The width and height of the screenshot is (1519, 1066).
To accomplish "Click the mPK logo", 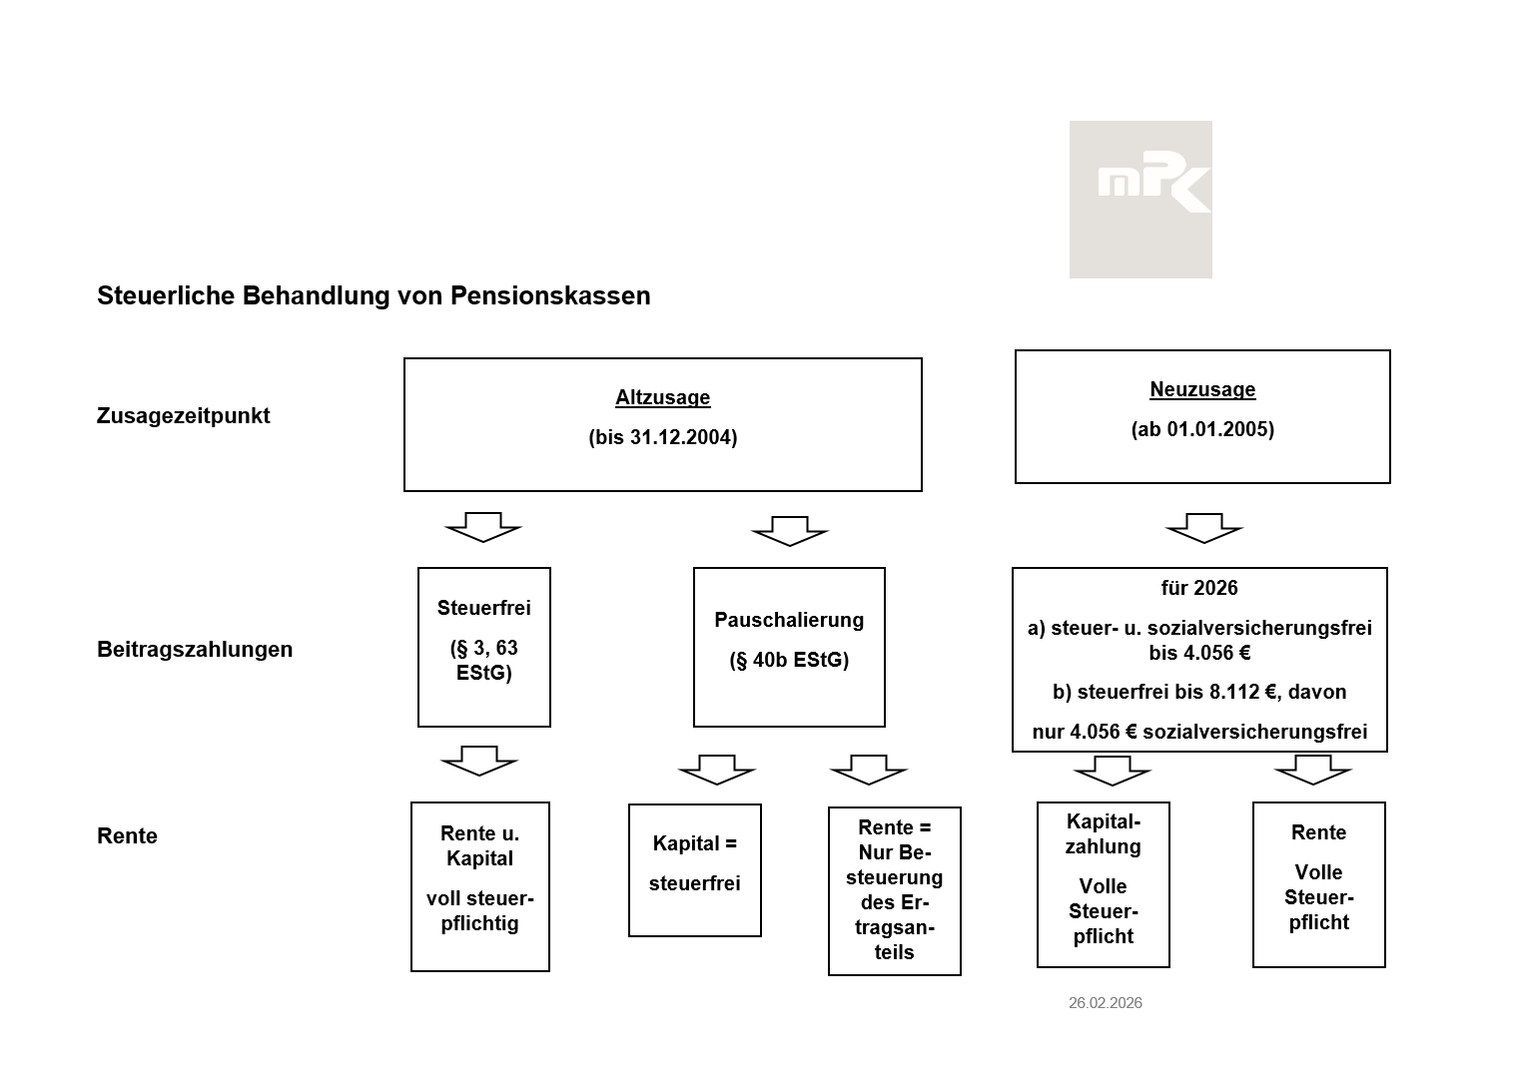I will [x=1140, y=199].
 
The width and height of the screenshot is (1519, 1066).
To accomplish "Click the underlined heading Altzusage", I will [x=662, y=397].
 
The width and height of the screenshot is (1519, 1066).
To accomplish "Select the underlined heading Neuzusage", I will [x=1202, y=389].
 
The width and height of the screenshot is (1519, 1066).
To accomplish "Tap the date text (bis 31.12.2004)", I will [x=662, y=437].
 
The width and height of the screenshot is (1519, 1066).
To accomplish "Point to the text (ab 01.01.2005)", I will [x=1202, y=429].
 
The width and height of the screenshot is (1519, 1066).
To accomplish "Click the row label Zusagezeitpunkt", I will [x=183, y=415].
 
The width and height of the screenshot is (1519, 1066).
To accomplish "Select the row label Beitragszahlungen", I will [x=195, y=649].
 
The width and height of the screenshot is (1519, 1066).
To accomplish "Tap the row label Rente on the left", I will [x=127, y=835].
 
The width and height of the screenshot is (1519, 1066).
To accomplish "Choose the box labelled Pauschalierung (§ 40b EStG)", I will [x=789, y=647].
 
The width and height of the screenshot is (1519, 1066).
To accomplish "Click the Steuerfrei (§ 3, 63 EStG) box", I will [x=483, y=647].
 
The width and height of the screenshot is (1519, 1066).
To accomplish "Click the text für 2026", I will [x=1199, y=588].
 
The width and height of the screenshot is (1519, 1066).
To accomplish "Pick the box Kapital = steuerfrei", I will [x=695, y=869].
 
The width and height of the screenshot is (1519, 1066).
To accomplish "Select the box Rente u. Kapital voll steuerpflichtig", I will [x=480, y=885].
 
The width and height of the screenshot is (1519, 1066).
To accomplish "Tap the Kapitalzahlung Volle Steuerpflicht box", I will [x=1104, y=884].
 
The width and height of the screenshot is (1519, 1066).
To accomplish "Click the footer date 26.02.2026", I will [x=1105, y=1002].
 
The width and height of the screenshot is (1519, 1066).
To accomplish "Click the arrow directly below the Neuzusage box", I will [x=1203, y=528].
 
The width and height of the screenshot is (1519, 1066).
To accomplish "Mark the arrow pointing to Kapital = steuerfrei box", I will [x=717, y=770].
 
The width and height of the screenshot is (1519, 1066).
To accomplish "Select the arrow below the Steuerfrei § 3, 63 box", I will [x=479, y=761].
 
